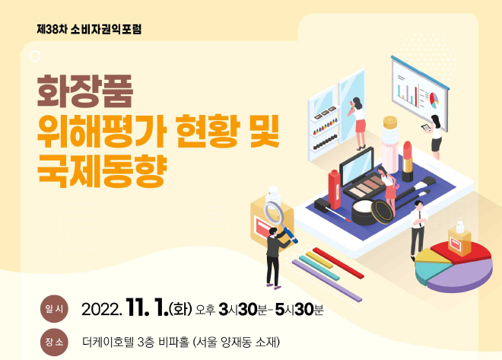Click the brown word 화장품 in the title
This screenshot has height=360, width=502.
pyautogui.click(x=85, y=91)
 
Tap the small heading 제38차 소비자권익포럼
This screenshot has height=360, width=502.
pyautogui.click(x=89, y=29)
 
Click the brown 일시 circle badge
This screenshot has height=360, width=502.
pyautogui.click(x=54, y=309)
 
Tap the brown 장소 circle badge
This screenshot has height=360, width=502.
pyautogui.click(x=54, y=342)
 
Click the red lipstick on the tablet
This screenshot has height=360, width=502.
pyautogui.click(x=407, y=161)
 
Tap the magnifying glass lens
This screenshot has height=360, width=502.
pyautogui.click(x=273, y=212)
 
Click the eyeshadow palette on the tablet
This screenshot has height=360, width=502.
pyautogui.click(x=364, y=188)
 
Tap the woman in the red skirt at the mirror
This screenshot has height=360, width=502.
pyautogui.click(x=358, y=123)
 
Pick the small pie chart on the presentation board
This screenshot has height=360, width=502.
pyautogui.click(x=434, y=100)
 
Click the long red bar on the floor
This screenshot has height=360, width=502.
pyautogui.click(x=338, y=263)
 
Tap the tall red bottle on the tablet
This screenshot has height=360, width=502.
pyautogui.click(x=334, y=190)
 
